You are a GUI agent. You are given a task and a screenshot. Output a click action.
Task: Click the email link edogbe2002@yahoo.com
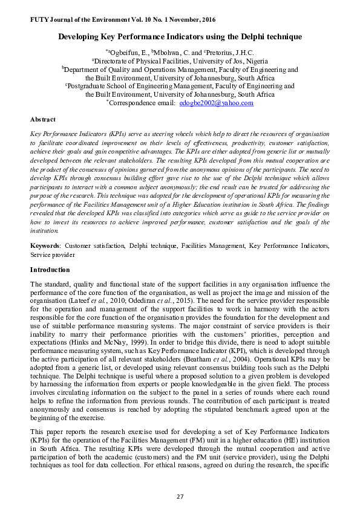click(x=217, y=103)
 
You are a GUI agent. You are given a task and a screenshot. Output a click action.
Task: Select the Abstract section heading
click(x=43, y=120)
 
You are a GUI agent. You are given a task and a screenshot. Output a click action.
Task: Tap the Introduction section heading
click(x=50, y=270)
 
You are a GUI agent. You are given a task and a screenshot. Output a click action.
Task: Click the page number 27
click(x=180, y=497)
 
